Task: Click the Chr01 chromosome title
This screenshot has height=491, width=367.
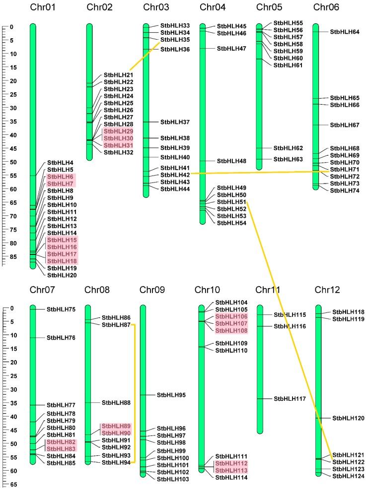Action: coord(43,7)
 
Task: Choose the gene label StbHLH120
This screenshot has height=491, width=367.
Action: coord(348,419)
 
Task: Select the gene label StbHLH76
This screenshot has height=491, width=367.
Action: coord(61,338)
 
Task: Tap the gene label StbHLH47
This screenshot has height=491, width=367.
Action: coord(231,49)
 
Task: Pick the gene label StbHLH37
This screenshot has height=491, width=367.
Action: coord(175,122)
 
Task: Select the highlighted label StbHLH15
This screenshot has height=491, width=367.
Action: coord(62,240)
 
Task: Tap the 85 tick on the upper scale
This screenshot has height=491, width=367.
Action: coord(11,256)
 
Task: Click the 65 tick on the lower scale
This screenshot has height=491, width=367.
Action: coord(11,484)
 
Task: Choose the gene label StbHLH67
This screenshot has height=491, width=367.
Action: coord(345,125)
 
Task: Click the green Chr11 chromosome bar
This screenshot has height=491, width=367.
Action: coord(260,372)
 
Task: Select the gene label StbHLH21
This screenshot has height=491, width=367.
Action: coord(118,75)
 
